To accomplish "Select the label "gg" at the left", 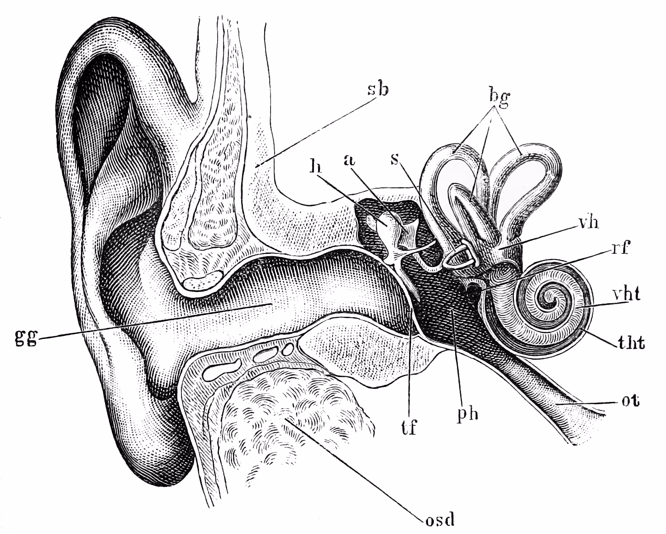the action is click(26, 338).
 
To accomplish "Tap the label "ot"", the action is click(630, 401).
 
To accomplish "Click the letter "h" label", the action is click(315, 167).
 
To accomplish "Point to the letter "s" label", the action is click(395, 159).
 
